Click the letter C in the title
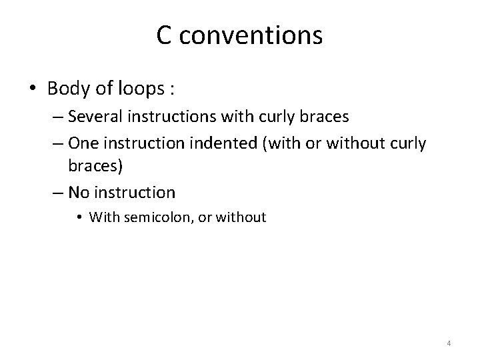click(x=165, y=36)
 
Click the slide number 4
click(x=449, y=343)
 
